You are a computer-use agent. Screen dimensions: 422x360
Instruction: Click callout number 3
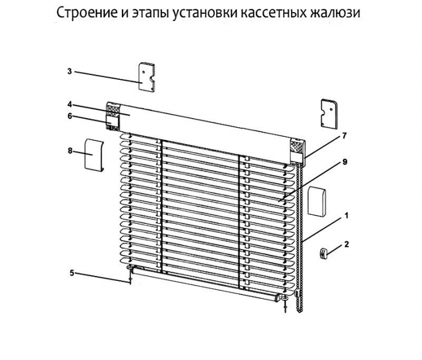[x=70, y=71]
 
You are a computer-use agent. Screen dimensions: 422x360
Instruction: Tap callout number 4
[x=70, y=104]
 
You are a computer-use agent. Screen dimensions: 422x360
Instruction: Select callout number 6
[x=70, y=116]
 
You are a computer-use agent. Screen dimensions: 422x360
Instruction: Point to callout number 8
[x=70, y=151]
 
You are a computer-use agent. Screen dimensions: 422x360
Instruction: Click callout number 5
[x=71, y=273]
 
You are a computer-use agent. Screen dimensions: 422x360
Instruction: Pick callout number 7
[x=345, y=136]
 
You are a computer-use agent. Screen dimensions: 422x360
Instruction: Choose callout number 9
[x=345, y=162]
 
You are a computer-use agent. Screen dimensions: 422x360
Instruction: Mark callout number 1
[x=346, y=215]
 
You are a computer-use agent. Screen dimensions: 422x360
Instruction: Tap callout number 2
[x=346, y=244]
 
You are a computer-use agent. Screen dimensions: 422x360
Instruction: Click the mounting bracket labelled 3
[x=146, y=77]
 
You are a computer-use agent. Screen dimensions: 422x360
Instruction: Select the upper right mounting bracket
[x=329, y=113]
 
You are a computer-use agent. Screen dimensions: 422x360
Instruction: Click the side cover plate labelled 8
[x=94, y=155]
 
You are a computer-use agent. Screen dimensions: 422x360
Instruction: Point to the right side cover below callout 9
[x=317, y=201]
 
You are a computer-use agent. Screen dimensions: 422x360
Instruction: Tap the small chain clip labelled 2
[x=323, y=254]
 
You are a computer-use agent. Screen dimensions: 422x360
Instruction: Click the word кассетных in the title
[x=273, y=13]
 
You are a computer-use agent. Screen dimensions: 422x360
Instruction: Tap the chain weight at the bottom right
[x=297, y=293]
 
